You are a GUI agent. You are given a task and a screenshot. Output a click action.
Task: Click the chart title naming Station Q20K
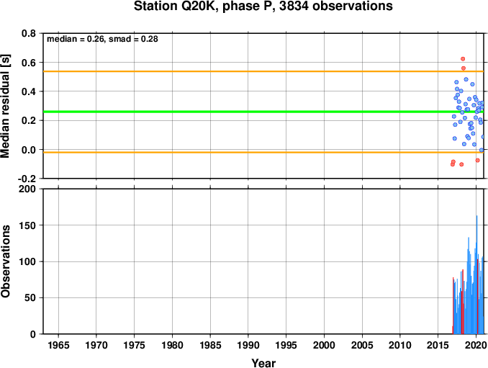263,6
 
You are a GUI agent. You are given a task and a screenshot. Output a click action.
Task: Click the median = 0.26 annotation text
76,39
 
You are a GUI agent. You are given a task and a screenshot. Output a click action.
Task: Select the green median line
263,112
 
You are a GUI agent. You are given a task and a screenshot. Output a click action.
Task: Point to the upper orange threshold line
263,71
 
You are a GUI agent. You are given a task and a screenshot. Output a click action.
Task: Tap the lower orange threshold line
263,152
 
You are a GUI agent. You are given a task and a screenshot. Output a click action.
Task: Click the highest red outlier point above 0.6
463,59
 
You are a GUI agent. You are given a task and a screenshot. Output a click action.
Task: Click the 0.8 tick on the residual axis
29,33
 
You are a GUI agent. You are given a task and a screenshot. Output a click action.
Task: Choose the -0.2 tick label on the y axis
27,179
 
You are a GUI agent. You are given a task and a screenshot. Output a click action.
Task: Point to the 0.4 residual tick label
29,91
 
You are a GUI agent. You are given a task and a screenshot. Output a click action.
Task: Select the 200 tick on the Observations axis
27,189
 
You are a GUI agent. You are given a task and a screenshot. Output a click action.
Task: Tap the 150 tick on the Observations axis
27,225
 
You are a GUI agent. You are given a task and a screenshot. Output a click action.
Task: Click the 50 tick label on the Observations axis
30,297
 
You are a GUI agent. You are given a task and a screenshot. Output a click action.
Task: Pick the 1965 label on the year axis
58,345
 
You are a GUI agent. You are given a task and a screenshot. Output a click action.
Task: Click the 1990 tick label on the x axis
248,345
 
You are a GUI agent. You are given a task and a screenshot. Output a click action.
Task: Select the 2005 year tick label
362,345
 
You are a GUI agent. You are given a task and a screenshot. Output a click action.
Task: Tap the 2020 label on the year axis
476,345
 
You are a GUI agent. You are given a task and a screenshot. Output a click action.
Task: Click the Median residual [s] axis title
6,106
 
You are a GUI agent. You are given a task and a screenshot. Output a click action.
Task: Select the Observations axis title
6,261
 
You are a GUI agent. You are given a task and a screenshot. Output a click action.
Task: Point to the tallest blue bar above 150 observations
476,274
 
